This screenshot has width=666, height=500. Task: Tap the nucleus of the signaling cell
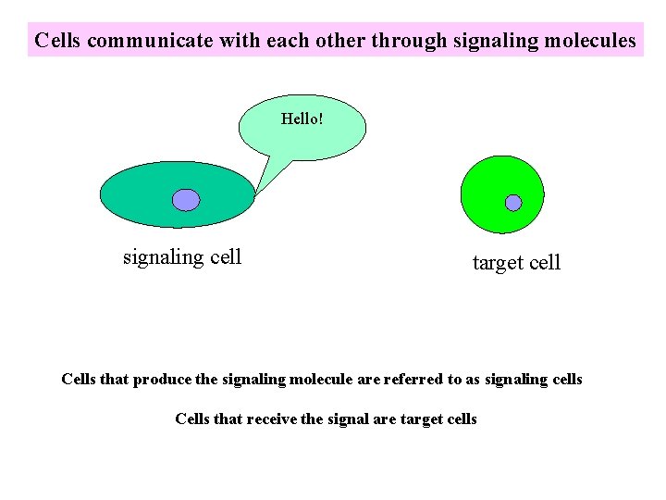click(186, 200)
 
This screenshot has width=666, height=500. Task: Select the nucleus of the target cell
click(513, 203)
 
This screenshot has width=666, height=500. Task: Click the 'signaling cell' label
click(182, 257)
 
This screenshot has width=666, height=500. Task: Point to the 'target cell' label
click(516, 263)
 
